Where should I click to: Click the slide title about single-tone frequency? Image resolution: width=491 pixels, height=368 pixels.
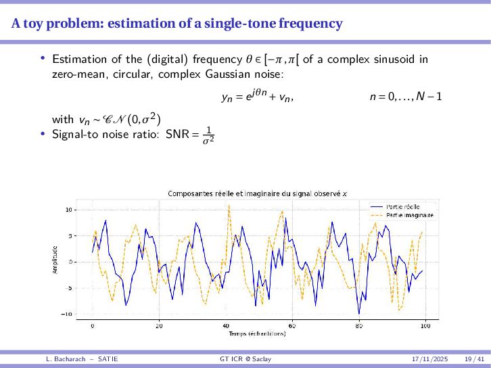[177, 24]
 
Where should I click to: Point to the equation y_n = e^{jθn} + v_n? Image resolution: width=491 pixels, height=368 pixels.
[258, 97]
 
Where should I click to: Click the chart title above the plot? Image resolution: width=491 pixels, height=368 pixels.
[257, 194]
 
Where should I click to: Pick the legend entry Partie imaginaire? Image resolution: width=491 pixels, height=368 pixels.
[409, 214]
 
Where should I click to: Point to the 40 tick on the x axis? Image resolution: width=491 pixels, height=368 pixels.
[225, 325]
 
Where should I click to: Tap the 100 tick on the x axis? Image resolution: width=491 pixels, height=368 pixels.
[425, 325]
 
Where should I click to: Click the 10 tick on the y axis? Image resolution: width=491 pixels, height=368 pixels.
[68, 210]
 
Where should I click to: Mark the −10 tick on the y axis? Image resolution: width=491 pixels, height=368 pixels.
[67, 314]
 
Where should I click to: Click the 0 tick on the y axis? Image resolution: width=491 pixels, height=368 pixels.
[70, 262]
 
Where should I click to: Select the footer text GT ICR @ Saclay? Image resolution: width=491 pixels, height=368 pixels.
[245, 357]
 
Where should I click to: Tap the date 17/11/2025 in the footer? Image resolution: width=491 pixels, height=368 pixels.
[430, 357]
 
